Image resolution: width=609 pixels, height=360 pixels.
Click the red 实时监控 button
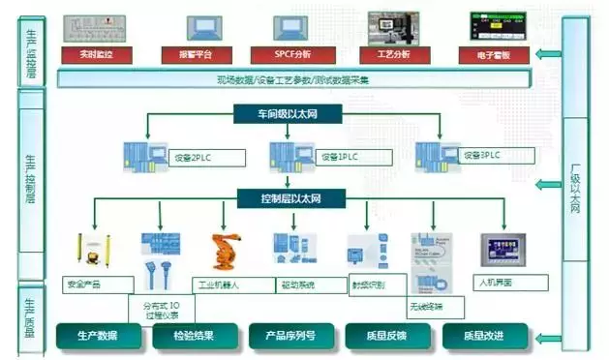[x=96, y=54]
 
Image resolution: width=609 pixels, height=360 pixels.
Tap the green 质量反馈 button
[x=387, y=336]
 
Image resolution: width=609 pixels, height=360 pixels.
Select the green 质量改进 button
[x=485, y=336]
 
